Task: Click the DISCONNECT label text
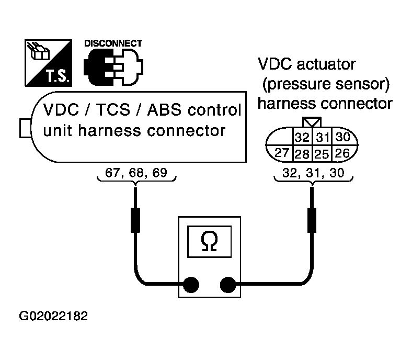point(113,43)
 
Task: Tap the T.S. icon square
point(48,63)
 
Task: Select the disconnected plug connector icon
point(113,67)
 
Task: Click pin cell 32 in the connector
point(302,137)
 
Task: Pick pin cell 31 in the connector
point(323,137)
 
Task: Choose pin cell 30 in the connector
point(343,137)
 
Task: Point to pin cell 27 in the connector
point(281,153)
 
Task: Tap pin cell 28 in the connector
point(302,153)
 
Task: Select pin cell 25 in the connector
point(323,153)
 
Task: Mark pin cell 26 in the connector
point(342,153)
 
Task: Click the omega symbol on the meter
point(210,241)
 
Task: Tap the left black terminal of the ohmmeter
point(191,285)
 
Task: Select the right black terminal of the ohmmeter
point(228,285)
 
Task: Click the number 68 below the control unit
point(136,173)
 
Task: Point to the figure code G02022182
point(53,316)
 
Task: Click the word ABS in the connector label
point(165,109)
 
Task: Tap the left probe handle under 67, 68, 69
point(135,220)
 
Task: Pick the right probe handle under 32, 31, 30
point(312,220)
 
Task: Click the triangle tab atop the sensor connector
point(312,122)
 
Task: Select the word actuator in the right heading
point(326,64)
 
